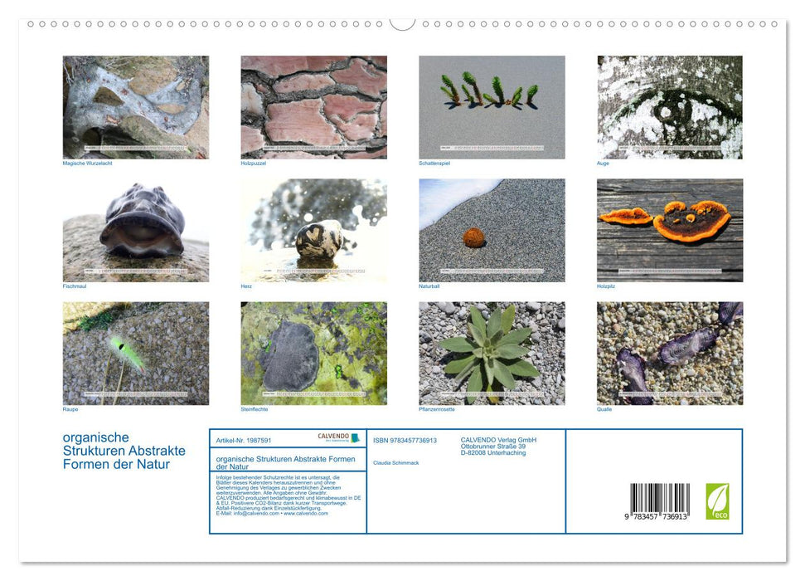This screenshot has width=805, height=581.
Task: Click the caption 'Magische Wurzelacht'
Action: click(x=87, y=164)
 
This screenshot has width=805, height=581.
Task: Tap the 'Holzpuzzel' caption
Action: click(x=254, y=164)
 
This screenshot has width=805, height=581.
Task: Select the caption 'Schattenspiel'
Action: click(x=434, y=164)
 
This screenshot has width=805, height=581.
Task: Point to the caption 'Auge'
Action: click(x=603, y=164)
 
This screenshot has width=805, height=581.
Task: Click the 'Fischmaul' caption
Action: click(x=75, y=286)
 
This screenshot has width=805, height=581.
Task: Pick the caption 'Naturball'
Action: click(x=429, y=286)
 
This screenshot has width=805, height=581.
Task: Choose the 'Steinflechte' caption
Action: click(x=255, y=409)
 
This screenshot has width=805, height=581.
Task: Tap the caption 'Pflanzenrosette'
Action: click(x=436, y=409)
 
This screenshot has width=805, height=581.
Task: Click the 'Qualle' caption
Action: click(x=604, y=409)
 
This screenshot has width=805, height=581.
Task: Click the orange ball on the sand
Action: click(x=473, y=237)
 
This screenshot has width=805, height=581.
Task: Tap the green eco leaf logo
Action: click(x=717, y=501)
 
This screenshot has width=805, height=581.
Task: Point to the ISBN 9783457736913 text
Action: click(x=405, y=440)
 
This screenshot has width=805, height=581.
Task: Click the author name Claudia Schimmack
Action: click(x=395, y=462)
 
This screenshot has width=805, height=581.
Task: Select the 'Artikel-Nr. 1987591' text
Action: click(x=244, y=440)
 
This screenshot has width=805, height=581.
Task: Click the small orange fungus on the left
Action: click(x=626, y=216)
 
